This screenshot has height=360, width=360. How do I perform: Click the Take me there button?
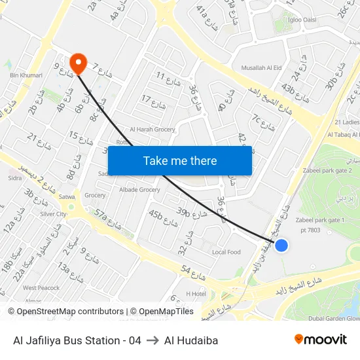(x=179, y=160)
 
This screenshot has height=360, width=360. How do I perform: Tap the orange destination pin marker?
(x=79, y=63)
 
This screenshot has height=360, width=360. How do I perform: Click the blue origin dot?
(x=281, y=245)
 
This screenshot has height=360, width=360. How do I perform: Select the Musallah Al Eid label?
(x=261, y=67)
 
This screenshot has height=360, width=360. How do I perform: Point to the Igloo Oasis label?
(x=302, y=20)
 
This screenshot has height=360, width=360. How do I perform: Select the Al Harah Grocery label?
(x=153, y=130)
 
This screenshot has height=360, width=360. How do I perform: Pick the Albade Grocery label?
(x=139, y=190)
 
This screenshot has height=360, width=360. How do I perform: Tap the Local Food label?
(x=226, y=252)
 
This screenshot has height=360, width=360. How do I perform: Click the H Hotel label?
(x=196, y=294)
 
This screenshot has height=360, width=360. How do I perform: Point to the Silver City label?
(x=54, y=214)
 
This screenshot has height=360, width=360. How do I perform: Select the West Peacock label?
(x=41, y=288)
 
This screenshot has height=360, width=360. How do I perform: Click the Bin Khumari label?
(x=26, y=75)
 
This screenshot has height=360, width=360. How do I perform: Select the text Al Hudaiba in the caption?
(x=191, y=340)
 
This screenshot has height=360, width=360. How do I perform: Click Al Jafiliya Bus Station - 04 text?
(x=77, y=340)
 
